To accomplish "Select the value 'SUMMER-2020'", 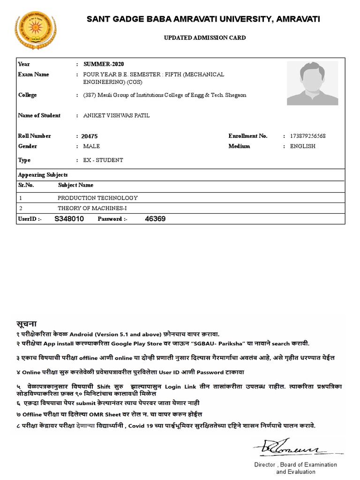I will (x=104, y=64).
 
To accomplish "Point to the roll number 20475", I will (x=89, y=136).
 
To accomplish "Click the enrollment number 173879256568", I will (x=308, y=136).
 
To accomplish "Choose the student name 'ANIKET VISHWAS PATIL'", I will (x=116, y=116).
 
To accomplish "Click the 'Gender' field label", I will (x=27, y=146).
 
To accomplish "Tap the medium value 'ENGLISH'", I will (x=303, y=146).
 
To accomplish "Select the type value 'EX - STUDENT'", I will (x=103, y=160).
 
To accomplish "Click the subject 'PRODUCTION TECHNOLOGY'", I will (x=97, y=198).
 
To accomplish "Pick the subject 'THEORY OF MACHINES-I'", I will (x=91, y=208).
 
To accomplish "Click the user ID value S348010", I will (x=69, y=219).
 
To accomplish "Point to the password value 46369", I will (x=155, y=219).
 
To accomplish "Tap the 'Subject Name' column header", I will (x=75, y=185).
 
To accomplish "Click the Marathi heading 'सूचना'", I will (x=27, y=324).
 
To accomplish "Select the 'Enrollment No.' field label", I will (x=247, y=136).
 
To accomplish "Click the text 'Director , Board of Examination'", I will (x=295, y=465).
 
